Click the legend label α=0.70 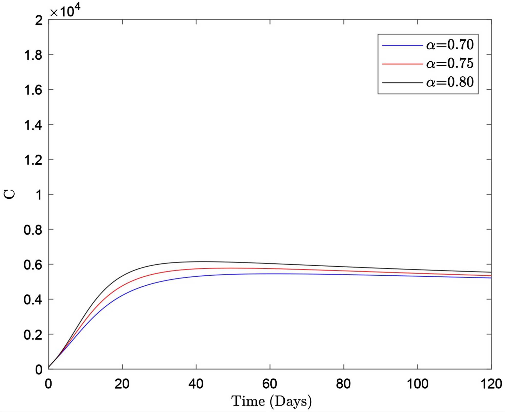click(450, 45)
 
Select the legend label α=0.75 click(450, 63)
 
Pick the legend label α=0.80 click(450, 82)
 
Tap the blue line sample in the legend click(402, 45)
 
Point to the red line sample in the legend click(402, 64)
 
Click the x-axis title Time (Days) click(271, 401)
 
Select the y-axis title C click(9, 194)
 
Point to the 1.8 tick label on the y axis click(33, 55)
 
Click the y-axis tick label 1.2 click(33, 160)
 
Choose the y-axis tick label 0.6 click(33, 265)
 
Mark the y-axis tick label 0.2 click(33, 335)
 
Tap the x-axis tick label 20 click(122, 384)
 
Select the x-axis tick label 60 click(270, 384)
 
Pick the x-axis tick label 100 click(418, 384)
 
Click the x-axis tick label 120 click(491, 384)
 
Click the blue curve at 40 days click(196, 276)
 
